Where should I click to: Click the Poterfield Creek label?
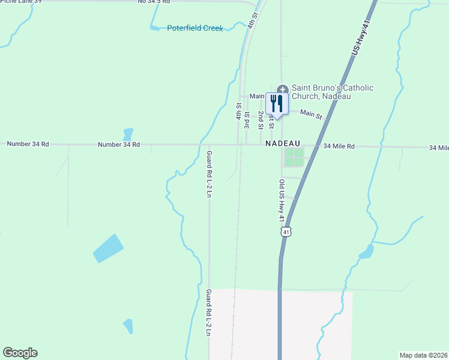[x=194, y=28]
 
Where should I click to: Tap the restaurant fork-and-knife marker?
[x=277, y=104]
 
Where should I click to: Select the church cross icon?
[x=283, y=89]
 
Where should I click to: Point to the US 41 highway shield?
[x=286, y=232]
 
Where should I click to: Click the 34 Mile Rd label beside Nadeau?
[x=339, y=146]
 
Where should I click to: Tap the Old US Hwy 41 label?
[x=281, y=200]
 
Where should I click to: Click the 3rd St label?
[x=247, y=119]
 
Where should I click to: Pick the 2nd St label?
[x=261, y=120]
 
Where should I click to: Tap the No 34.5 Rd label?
[x=154, y=2]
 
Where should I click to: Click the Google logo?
[x=20, y=353]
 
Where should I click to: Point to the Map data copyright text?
[x=424, y=355]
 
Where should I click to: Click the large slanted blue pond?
[x=108, y=248]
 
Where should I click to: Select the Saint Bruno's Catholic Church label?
[x=331, y=92]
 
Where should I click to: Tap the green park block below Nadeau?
[x=294, y=157]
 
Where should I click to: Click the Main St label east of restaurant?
[x=311, y=113]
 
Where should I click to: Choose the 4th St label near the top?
[x=253, y=18]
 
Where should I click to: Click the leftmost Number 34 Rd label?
[x=28, y=144]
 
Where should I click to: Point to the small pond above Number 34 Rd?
[x=127, y=134]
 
